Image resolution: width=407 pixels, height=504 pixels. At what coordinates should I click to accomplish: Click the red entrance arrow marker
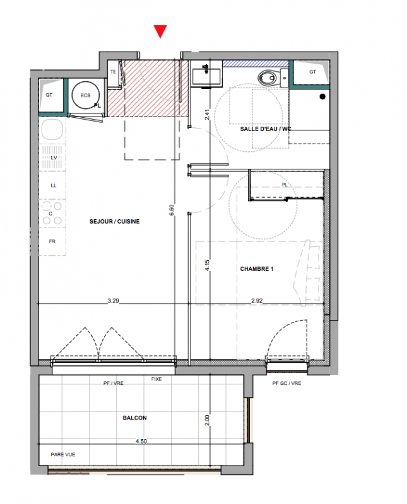(x=160, y=31)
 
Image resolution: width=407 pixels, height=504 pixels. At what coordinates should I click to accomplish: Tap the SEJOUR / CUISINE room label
(x=115, y=222)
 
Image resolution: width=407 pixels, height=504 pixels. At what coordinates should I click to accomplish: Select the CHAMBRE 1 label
(x=257, y=269)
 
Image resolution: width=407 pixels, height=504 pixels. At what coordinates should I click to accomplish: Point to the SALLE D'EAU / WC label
(x=266, y=129)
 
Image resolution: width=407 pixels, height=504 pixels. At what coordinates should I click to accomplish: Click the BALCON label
(x=134, y=418)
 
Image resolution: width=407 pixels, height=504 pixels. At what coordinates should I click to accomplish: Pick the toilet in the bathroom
(x=268, y=77)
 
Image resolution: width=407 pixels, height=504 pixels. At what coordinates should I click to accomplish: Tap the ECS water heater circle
(x=85, y=95)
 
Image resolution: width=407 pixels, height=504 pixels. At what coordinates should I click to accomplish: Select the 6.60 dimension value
(x=172, y=210)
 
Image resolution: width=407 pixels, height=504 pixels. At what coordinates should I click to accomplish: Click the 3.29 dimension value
(x=114, y=301)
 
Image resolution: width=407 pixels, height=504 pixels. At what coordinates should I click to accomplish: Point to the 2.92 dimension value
(x=257, y=301)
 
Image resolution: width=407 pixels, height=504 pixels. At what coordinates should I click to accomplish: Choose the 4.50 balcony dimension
(x=141, y=442)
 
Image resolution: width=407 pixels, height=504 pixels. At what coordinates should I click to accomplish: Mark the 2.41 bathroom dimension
(x=207, y=115)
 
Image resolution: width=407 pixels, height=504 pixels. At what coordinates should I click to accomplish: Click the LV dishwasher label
(x=54, y=157)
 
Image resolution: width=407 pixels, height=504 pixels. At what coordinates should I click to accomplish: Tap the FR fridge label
(x=52, y=241)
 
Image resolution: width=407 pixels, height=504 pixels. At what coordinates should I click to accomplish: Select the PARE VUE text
(x=63, y=454)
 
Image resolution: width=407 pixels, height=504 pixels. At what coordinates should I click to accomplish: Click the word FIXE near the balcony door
(x=156, y=379)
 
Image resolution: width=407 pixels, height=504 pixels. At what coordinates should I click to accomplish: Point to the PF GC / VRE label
(x=286, y=383)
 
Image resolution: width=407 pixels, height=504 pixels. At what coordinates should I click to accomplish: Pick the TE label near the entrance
(x=113, y=72)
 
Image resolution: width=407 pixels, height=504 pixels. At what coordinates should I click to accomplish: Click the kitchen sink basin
(x=52, y=129)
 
